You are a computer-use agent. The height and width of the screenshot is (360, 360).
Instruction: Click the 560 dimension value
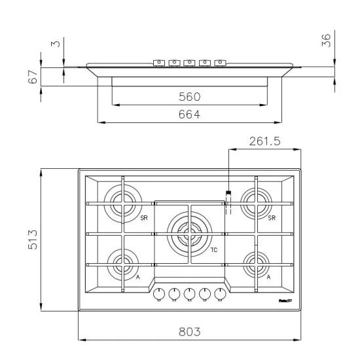tap(189, 97)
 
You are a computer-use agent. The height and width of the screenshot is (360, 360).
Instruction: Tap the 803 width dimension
tap(189, 332)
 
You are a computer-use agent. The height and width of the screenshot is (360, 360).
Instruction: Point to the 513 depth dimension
tap(32, 240)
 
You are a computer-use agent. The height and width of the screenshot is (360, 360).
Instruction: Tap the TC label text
tap(213, 251)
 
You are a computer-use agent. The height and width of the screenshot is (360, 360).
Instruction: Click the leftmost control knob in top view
tap(158, 294)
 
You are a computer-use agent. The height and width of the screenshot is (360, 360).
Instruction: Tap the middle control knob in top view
tap(189, 294)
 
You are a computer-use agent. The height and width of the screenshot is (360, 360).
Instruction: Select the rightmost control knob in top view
tap(220, 294)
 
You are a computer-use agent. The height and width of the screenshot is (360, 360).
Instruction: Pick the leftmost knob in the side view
tap(158, 63)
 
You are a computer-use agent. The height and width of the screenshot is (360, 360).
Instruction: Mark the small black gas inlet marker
tap(228, 192)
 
